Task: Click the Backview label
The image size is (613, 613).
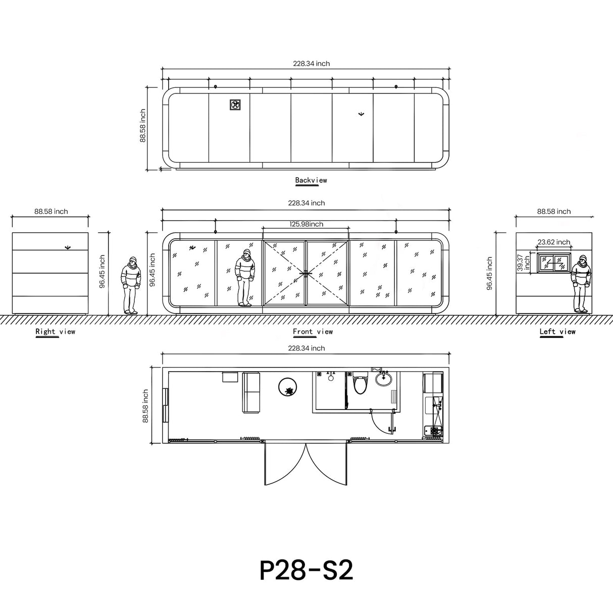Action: click(311, 180)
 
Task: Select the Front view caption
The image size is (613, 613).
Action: click(313, 332)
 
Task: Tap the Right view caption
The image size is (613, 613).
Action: click(55, 332)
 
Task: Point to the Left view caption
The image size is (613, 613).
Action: click(557, 332)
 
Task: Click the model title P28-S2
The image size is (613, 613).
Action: click(306, 570)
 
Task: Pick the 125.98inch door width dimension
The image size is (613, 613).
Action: click(306, 224)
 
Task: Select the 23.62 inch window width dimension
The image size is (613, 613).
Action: click(553, 242)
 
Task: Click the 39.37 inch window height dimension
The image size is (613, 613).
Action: click(524, 263)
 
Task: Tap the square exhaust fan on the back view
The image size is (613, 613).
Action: click(235, 105)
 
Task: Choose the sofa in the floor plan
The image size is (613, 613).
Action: click(251, 393)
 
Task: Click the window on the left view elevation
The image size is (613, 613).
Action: click(554, 263)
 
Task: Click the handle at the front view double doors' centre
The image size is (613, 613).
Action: click(306, 273)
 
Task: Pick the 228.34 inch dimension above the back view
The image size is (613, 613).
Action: click(311, 64)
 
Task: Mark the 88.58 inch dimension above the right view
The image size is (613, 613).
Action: click(51, 212)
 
